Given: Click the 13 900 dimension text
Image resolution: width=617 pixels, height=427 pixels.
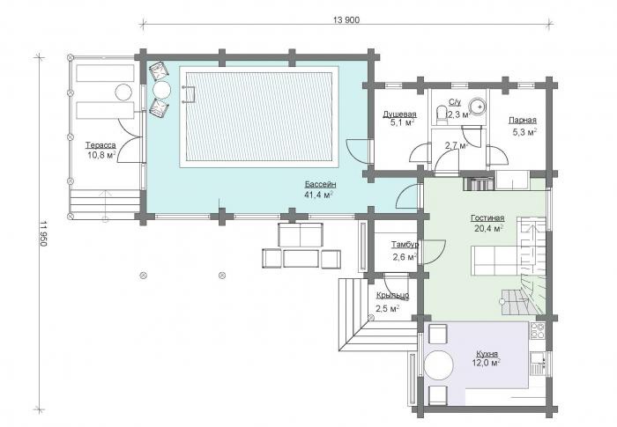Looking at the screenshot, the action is point(346,20).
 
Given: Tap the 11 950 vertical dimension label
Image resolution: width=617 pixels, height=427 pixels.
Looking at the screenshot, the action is point(43,233).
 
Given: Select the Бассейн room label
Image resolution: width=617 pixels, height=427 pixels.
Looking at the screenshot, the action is point(320,184).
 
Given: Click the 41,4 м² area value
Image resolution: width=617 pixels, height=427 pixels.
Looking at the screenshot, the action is point(319,195).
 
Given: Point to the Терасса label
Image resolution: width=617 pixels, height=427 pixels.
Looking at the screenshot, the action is point(100,145).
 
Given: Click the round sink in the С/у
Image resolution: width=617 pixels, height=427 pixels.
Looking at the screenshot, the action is point(478,105).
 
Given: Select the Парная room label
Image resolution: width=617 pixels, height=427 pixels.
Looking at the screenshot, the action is point(522,121).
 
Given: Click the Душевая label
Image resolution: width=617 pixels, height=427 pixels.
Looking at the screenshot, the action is point(399,114).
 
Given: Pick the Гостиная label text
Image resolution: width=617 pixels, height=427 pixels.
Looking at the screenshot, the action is point(487,218).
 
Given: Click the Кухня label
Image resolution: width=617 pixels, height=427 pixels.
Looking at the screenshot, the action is point(487,353).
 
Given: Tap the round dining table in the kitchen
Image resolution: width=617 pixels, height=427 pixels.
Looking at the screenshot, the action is point(439,364).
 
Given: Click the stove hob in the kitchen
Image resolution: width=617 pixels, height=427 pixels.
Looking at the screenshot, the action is point(537,331).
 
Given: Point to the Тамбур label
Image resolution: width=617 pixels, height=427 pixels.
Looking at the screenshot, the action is point(405,245).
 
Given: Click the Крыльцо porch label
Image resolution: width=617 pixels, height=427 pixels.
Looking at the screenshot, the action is point(392,295).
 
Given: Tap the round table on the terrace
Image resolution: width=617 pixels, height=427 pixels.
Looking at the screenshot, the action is point(123,92).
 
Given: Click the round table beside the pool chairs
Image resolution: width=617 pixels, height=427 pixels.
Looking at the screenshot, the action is point(161,90).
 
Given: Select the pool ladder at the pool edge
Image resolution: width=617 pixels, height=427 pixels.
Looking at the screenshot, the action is point(190,94).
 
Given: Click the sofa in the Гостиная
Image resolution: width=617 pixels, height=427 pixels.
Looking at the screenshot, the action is point(498,261).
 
